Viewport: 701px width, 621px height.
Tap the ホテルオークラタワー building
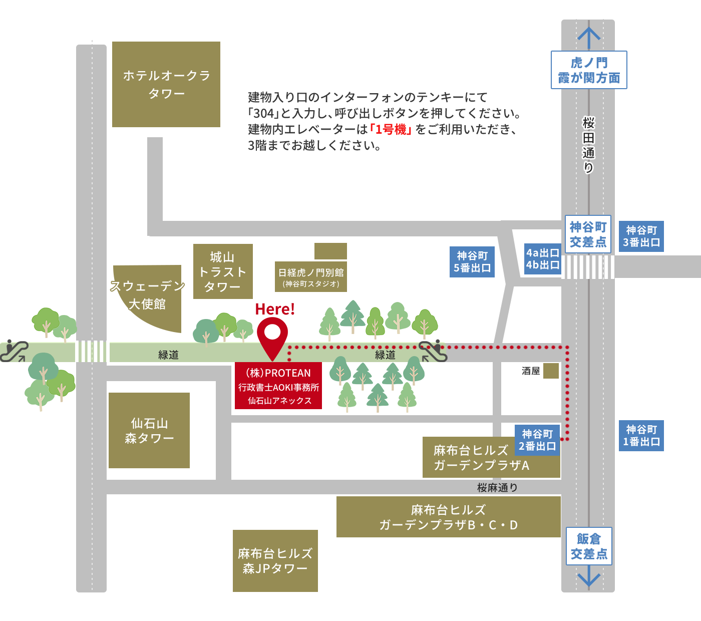click(166, 84)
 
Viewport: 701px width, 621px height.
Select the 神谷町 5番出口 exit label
click(472, 262)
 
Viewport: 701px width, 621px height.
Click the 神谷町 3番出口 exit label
click(641, 236)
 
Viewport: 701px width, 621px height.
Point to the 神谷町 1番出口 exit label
click(641, 436)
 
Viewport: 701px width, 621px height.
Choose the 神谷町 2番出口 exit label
click(537, 440)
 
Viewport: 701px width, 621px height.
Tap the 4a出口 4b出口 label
click(543, 259)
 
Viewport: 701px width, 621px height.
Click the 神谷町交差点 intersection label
click(588, 234)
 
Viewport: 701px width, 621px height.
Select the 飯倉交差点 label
click(589, 546)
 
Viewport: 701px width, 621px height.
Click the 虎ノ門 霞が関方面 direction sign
click(589, 70)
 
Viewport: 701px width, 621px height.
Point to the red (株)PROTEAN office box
click(278, 386)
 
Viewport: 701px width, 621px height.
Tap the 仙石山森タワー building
click(149, 431)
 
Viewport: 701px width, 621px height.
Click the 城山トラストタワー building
click(223, 271)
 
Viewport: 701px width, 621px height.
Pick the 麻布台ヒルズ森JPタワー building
click(275, 561)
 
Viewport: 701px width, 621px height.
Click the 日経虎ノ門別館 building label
click(311, 276)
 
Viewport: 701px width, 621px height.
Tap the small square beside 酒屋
click(551, 371)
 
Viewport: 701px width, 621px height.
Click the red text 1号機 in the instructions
click(391, 130)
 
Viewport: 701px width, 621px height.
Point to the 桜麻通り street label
click(497, 487)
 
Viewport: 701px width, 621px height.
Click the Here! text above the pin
click(275, 309)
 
